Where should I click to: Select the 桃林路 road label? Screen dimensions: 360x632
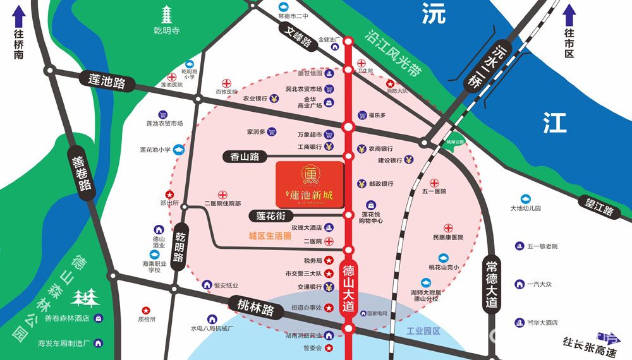click(x=251, y=309)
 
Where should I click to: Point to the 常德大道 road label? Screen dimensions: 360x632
click(x=492, y=284)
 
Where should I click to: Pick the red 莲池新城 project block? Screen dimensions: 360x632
click(x=310, y=185)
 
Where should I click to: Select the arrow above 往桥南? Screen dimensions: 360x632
click(x=18, y=30)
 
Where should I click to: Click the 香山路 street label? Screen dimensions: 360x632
click(x=245, y=156)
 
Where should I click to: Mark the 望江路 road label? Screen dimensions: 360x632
click(x=600, y=207)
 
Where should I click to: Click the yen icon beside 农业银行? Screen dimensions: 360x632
click(x=274, y=99)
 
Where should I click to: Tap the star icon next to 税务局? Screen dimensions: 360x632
click(x=329, y=260)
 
